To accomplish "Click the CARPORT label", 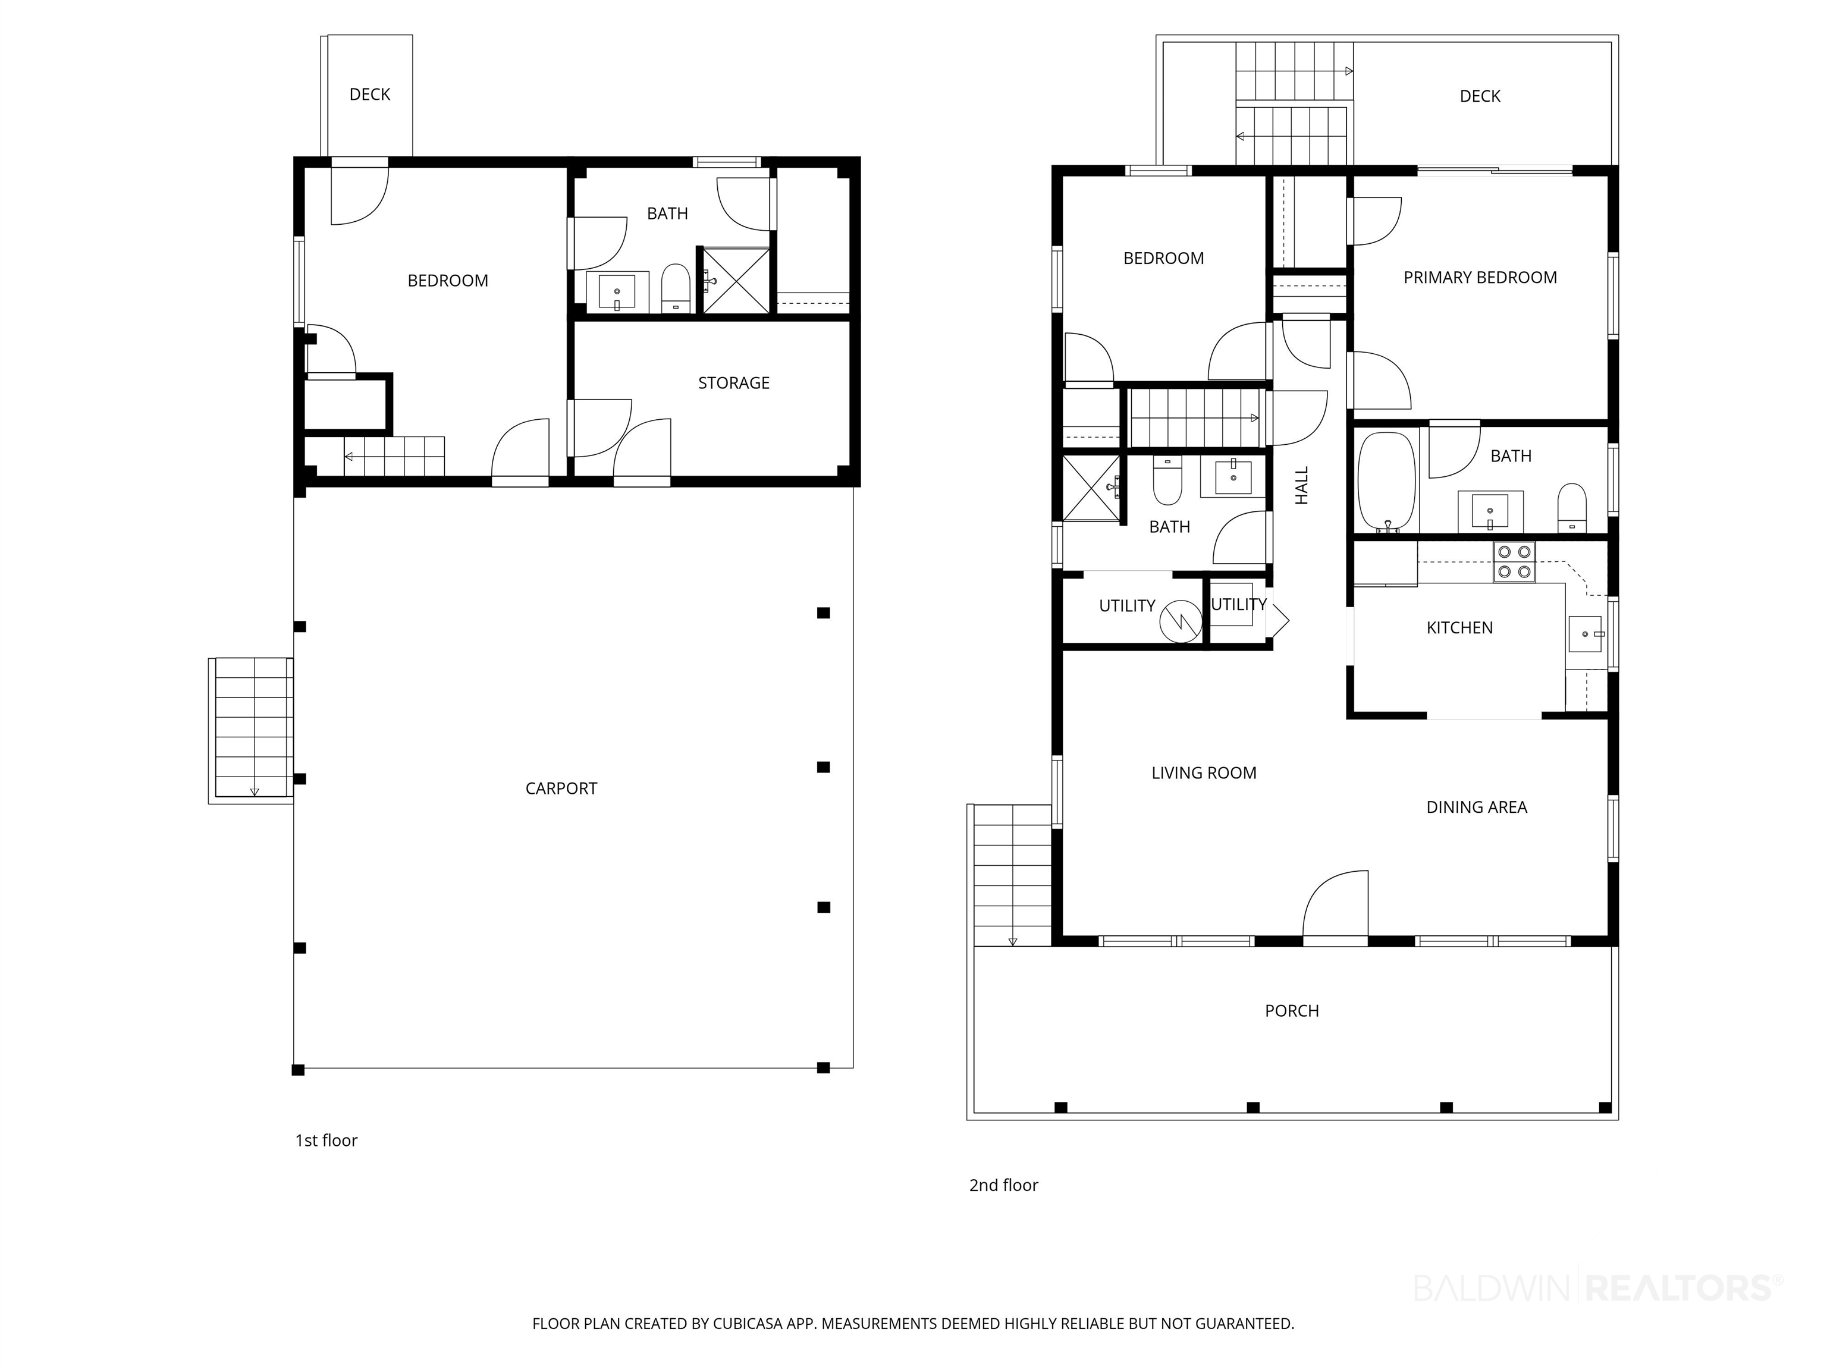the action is (x=561, y=788).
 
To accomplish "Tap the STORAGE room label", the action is (x=733, y=383).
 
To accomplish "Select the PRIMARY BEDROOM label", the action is (x=1480, y=278).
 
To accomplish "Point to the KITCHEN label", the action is (x=1459, y=627).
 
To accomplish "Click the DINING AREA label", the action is (x=1477, y=807).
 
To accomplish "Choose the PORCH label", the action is (x=1292, y=1011).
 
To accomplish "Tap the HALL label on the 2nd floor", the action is (x=1302, y=486).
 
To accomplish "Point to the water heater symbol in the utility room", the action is (x=1181, y=621).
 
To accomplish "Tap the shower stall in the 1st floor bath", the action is (x=736, y=281).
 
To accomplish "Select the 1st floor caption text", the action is (x=327, y=1140).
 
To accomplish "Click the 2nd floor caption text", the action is (x=1003, y=1185).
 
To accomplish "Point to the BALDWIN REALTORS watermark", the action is (x=1598, y=1287).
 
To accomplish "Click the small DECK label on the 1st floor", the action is (x=369, y=94).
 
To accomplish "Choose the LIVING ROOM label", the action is (x=1203, y=773).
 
